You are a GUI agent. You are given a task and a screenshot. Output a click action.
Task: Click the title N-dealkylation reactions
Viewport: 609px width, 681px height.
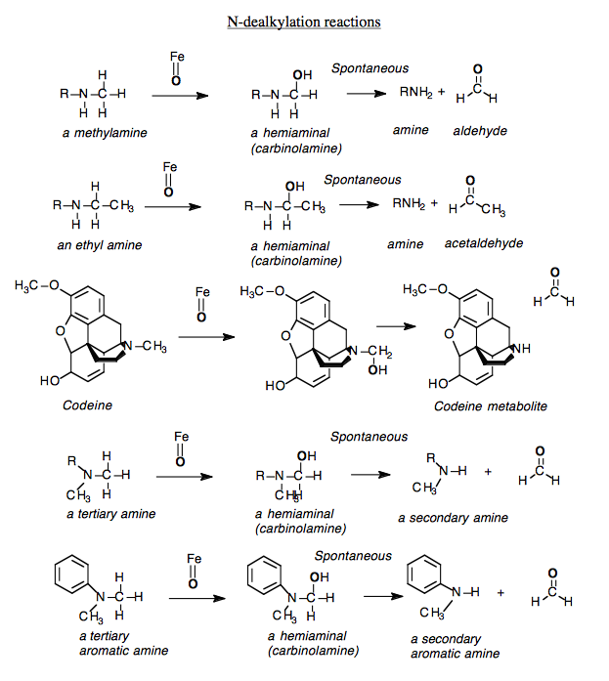[x=304, y=21]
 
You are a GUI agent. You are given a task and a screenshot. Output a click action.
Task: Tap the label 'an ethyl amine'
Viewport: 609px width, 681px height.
[x=99, y=245]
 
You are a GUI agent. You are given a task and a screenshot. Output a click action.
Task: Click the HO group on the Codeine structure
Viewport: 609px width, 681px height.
[x=50, y=380]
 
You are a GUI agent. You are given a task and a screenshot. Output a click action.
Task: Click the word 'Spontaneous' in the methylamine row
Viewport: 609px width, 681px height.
[x=370, y=68]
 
